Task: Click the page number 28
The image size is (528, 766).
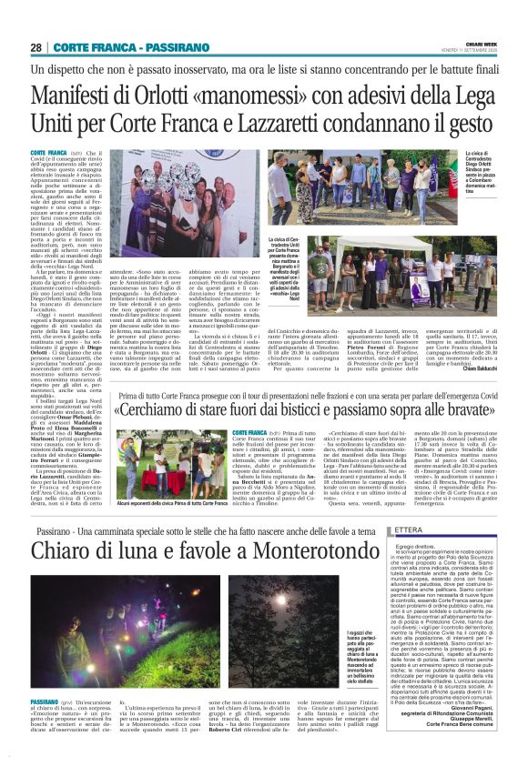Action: [x=36, y=47]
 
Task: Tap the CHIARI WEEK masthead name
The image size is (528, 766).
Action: [x=482, y=45]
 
